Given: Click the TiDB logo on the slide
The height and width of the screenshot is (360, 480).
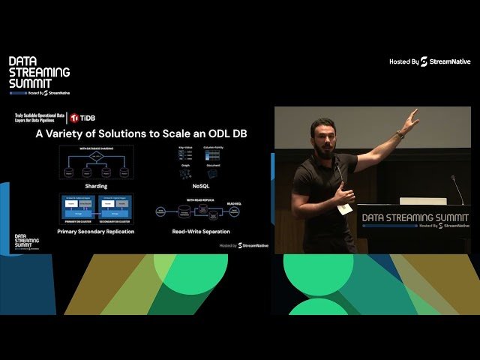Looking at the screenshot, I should [84, 118].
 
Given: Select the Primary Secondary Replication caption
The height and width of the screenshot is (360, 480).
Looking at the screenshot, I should [95, 232].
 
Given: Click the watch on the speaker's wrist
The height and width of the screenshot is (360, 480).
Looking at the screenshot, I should [400, 135].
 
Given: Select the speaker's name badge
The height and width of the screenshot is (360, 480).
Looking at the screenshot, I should [344, 208].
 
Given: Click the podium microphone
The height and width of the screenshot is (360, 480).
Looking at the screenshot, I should [456, 187].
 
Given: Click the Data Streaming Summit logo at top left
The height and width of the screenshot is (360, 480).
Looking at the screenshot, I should [39, 76].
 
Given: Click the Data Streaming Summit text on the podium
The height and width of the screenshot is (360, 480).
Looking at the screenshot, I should [415, 218].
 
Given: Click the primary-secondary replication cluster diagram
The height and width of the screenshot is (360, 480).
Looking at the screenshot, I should [95, 210].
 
